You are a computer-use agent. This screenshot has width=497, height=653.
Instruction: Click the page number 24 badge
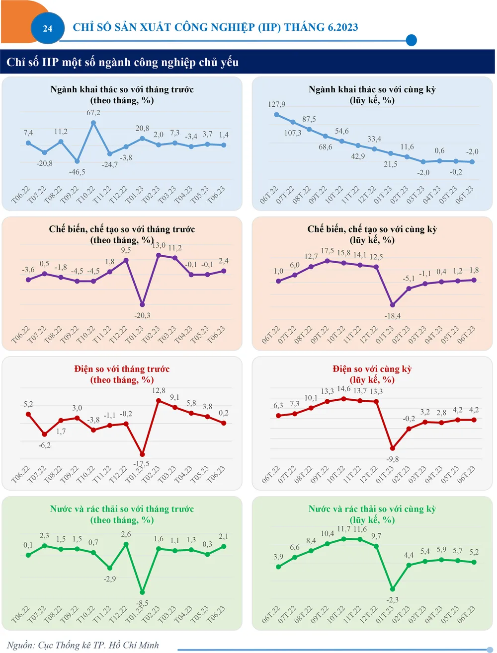[x=48, y=28]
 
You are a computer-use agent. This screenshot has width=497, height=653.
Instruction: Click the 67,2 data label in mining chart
[x=93, y=113]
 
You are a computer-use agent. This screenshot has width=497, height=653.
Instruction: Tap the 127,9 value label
[x=276, y=104]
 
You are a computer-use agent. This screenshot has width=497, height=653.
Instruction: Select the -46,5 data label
[x=77, y=172]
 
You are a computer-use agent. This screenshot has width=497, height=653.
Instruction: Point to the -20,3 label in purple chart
[x=142, y=315]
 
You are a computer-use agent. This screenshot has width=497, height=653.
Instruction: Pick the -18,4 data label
[x=393, y=316]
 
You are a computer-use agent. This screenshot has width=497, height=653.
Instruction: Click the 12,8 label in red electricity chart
[x=159, y=391]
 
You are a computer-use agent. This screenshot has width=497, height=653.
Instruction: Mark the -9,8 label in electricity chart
[x=393, y=459]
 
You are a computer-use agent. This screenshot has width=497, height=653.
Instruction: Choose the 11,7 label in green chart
[x=343, y=529]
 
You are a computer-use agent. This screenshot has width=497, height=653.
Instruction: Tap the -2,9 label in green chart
[x=110, y=579]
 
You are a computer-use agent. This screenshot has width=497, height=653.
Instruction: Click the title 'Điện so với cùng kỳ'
[x=372, y=369]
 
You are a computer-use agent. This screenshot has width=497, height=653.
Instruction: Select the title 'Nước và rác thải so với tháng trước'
[x=122, y=509]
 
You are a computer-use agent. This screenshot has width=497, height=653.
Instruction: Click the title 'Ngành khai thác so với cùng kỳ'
[x=372, y=89]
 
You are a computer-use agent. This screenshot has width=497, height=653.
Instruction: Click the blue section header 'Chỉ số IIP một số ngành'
[x=122, y=63]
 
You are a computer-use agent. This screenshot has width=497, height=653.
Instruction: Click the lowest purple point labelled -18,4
[x=393, y=305]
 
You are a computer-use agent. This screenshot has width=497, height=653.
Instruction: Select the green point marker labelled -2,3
[x=393, y=589]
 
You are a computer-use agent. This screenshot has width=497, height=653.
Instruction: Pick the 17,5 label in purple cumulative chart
[x=328, y=251]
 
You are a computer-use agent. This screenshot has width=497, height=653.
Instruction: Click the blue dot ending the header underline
[x=411, y=40]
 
